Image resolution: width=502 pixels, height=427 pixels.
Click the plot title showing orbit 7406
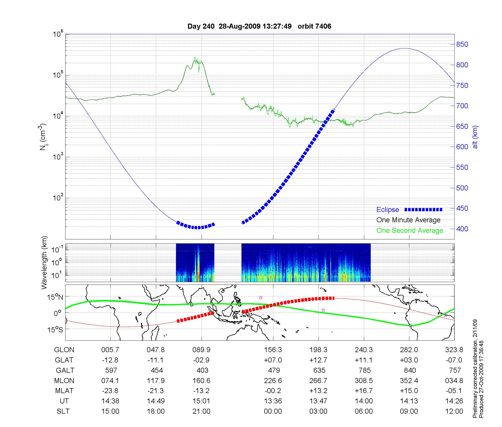pos(259,26)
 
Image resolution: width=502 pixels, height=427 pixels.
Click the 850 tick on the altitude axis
pos(462,44)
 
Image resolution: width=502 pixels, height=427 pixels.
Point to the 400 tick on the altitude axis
pos(462,229)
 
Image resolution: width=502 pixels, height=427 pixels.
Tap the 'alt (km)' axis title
pos(475,137)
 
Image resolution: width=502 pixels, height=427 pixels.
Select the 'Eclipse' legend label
pos(388,210)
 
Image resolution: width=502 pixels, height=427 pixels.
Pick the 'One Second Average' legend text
pos(410,231)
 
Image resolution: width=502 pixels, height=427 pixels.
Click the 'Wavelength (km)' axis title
pos(44,262)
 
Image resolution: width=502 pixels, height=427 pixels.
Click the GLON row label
pos(64,350)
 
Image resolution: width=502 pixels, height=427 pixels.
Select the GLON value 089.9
pos(201,350)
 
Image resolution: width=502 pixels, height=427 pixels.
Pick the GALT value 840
pos(410,370)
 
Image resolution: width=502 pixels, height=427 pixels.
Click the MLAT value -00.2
pos(273,391)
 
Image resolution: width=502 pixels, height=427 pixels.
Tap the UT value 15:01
pos(201,401)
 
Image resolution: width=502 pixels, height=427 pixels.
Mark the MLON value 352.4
pos(409,381)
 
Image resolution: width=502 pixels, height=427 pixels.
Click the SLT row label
pos(63,411)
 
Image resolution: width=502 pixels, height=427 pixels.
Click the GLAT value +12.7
pos(318,360)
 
